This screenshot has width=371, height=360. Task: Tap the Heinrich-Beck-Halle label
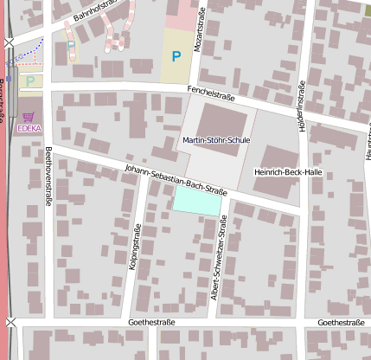click(x=288, y=172)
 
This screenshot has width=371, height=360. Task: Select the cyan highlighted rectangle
click(x=197, y=200)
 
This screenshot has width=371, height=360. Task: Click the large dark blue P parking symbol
click(x=176, y=57)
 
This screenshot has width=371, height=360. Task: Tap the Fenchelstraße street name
click(x=212, y=93)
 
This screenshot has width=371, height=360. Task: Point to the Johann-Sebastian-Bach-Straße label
click(x=176, y=178)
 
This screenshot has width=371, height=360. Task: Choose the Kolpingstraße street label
click(x=135, y=247)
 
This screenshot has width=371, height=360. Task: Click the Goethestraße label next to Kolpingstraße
click(x=151, y=323)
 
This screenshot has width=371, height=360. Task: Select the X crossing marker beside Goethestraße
click(x=10, y=322)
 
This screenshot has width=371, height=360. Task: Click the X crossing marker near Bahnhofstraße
click(x=9, y=42)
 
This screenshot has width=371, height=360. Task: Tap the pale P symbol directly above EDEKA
click(x=31, y=81)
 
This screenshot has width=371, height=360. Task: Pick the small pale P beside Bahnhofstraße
click(x=71, y=46)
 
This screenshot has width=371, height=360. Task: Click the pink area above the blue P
click(x=181, y=16)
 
